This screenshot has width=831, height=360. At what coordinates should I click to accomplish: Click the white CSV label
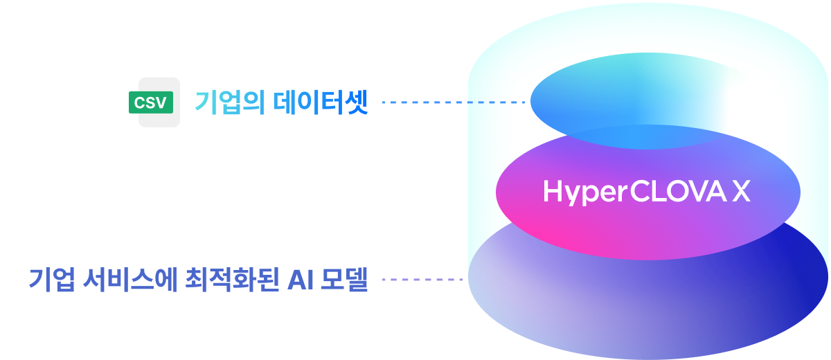(x=150, y=103)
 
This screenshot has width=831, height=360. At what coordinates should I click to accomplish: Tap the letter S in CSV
(x=150, y=103)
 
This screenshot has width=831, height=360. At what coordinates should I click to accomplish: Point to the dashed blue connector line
(x=497, y=102)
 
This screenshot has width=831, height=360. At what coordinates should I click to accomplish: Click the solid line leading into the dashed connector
(x=424, y=102)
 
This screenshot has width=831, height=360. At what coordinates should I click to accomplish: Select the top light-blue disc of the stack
(x=627, y=107)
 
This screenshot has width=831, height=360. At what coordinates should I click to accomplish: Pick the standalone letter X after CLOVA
(x=741, y=192)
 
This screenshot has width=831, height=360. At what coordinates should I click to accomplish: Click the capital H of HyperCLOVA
(x=552, y=192)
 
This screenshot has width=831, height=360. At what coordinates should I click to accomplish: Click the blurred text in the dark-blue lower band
(x=201, y=280)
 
